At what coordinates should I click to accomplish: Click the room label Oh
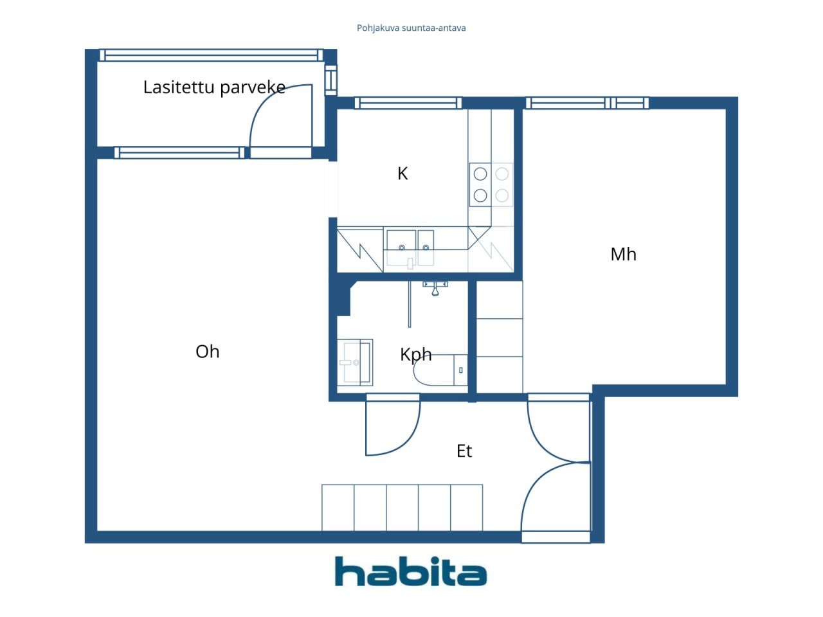[207, 352]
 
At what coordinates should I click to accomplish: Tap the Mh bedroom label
[623, 255]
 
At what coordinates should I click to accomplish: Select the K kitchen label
[402, 174]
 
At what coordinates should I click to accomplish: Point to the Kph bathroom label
[415, 354]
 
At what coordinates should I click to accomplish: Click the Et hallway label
[464, 451]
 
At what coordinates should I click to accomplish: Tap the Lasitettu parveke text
[213, 87]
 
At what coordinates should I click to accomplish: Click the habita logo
[410, 571]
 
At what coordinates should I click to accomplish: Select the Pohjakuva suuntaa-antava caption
[411, 28]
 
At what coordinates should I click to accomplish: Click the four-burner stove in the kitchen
[491, 184]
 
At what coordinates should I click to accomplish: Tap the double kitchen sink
[410, 247]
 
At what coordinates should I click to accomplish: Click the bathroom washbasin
[354, 362]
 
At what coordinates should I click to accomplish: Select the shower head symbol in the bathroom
[435, 288]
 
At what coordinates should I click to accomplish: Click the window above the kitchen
[408, 103]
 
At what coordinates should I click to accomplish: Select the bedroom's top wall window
[586, 103]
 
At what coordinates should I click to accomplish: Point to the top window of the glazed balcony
[212, 55]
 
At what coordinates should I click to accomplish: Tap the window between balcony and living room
[179, 153]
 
